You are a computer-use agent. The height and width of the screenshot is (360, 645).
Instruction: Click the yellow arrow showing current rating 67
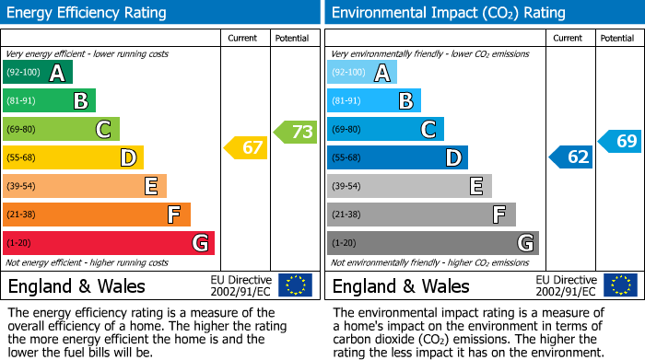tap(246, 147)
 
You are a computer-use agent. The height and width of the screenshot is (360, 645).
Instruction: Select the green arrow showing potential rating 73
tap(295, 132)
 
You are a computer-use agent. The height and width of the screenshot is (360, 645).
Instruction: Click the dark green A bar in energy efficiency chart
tap(38, 73)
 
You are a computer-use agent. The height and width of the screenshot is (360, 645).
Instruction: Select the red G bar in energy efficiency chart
tap(109, 243)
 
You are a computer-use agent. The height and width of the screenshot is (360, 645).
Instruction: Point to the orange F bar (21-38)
tap(97, 215)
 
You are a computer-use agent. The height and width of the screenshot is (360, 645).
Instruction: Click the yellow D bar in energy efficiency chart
tap(73, 157)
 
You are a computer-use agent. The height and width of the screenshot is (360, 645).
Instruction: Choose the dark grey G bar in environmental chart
tap(432, 243)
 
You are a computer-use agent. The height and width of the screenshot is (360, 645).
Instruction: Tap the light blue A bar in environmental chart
tap(362, 73)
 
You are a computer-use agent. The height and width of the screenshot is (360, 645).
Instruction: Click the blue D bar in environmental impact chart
tap(397, 157)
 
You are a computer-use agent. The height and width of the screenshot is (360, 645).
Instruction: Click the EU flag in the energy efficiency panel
tap(296, 285)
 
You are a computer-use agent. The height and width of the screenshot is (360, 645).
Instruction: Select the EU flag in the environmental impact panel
tap(620, 285)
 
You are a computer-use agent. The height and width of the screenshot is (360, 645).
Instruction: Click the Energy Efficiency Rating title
tap(88, 13)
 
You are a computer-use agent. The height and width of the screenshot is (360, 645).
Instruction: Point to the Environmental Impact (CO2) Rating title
tap(448, 13)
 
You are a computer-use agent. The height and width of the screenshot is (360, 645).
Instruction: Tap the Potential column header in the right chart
tap(617, 38)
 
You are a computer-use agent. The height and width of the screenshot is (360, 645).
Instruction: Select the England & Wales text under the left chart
tap(76, 286)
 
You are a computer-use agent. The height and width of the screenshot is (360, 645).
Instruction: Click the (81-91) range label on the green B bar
tap(21, 101)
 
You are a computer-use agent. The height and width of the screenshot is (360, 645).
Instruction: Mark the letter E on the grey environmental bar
tap(475, 186)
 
